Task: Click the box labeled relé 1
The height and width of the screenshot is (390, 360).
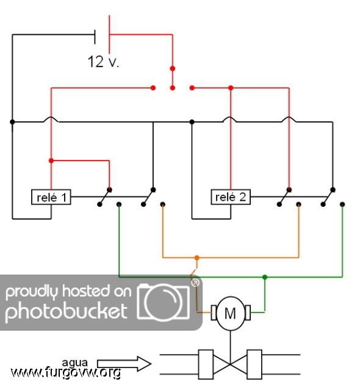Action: coord(51,197)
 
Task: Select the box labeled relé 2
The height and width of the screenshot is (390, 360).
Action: coord(231,197)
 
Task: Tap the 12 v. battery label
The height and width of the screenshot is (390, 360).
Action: coord(103,62)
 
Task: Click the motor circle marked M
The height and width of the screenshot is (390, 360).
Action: coord(231,313)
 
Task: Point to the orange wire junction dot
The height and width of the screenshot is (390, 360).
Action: coord(197,258)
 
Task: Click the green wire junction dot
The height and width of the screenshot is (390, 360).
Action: coord(265,277)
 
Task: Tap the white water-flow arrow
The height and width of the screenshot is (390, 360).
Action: coord(124,364)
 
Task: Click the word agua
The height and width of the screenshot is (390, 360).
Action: coord(74,363)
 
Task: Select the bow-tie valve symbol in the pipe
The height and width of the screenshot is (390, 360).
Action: coord(230,364)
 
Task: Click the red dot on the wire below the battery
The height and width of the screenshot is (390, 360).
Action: coord(173,68)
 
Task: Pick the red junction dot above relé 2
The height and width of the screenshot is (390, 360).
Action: coord(231,88)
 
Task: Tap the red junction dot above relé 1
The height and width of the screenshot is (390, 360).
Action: coord(51,161)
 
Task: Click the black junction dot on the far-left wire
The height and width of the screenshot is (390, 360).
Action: coord(12,122)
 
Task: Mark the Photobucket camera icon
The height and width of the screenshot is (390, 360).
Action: coord(164,302)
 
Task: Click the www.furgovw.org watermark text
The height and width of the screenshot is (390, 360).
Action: coord(66,372)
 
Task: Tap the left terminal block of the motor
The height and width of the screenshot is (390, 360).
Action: coord(214,312)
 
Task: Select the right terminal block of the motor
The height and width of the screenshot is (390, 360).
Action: coord(248,312)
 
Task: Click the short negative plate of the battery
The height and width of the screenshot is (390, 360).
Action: coord(95,37)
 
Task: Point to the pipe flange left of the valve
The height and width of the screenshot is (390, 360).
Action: coord(206,364)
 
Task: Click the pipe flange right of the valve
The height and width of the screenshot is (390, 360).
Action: coord(254,364)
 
